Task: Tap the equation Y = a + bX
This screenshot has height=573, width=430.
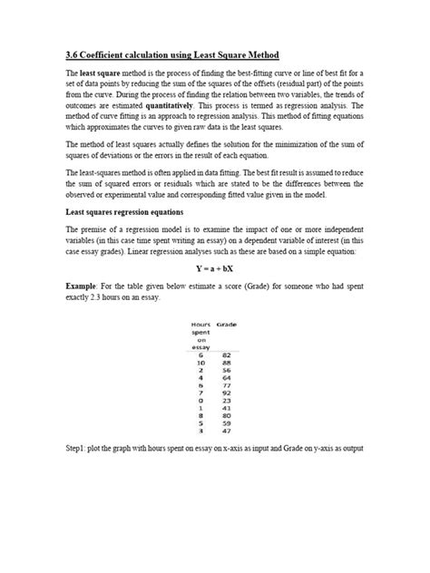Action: click(215, 268)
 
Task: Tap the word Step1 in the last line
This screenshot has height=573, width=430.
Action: click(80, 449)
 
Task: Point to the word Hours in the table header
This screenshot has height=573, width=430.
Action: click(200, 324)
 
